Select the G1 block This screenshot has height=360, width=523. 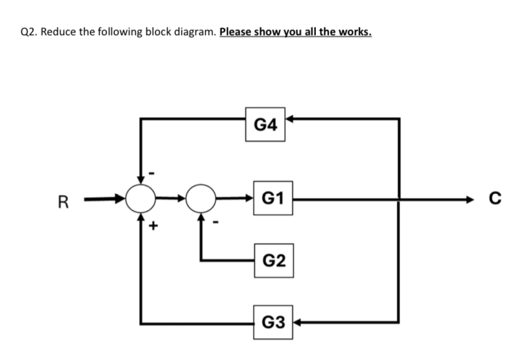273,199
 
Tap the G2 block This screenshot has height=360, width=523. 273,260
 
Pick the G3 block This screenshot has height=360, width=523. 273,322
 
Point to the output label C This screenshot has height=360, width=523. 494,200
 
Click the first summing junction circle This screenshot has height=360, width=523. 140,199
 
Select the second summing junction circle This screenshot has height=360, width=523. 201,199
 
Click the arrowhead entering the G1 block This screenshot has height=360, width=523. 248,199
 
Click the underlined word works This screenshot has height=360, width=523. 355,32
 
